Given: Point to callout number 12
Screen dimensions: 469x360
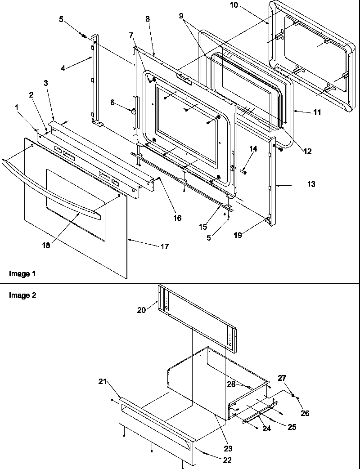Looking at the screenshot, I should [x=307, y=152].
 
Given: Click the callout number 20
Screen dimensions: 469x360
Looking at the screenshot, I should [x=141, y=310].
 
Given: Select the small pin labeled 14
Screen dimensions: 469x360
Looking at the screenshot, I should [x=243, y=171].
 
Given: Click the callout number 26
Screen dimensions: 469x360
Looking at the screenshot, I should [x=305, y=413].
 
